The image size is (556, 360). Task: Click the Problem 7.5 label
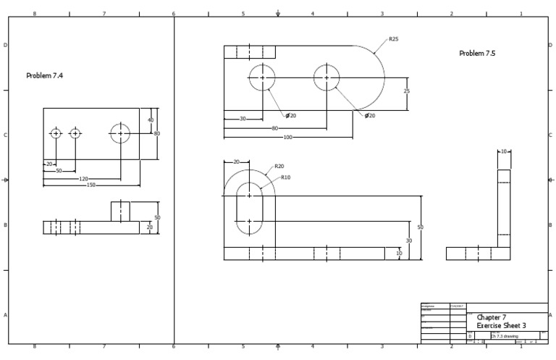point(477,54)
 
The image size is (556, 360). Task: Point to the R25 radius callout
point(393,39)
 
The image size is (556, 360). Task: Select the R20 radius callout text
point(279,167)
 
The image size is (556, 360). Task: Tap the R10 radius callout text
point(285,177)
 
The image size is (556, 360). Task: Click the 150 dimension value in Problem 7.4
point(91,185)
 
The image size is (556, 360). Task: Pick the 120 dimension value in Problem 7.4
point(83,178)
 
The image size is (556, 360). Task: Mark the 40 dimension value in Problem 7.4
point(151,120)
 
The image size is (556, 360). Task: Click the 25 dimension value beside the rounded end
point(406,91)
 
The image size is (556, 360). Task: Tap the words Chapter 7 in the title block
point(492,317)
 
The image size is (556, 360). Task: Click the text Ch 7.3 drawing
point(504,336)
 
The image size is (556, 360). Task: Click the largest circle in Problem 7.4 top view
point(120,133)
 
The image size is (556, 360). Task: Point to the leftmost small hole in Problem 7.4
point(56,133)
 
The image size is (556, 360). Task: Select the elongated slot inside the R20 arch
point(250,209)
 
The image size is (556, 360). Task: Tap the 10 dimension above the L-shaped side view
point(504,152)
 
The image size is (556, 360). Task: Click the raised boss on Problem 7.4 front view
point(120,212)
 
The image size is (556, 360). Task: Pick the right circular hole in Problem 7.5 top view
point(327,78)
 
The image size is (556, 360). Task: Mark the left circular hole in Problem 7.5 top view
point(262,78)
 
